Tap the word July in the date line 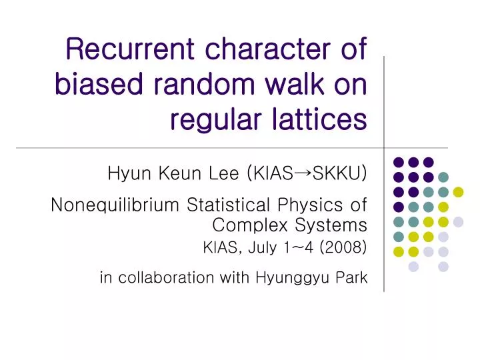[260, 248]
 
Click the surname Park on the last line [351, 277]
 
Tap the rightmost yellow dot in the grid [458, 192]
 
